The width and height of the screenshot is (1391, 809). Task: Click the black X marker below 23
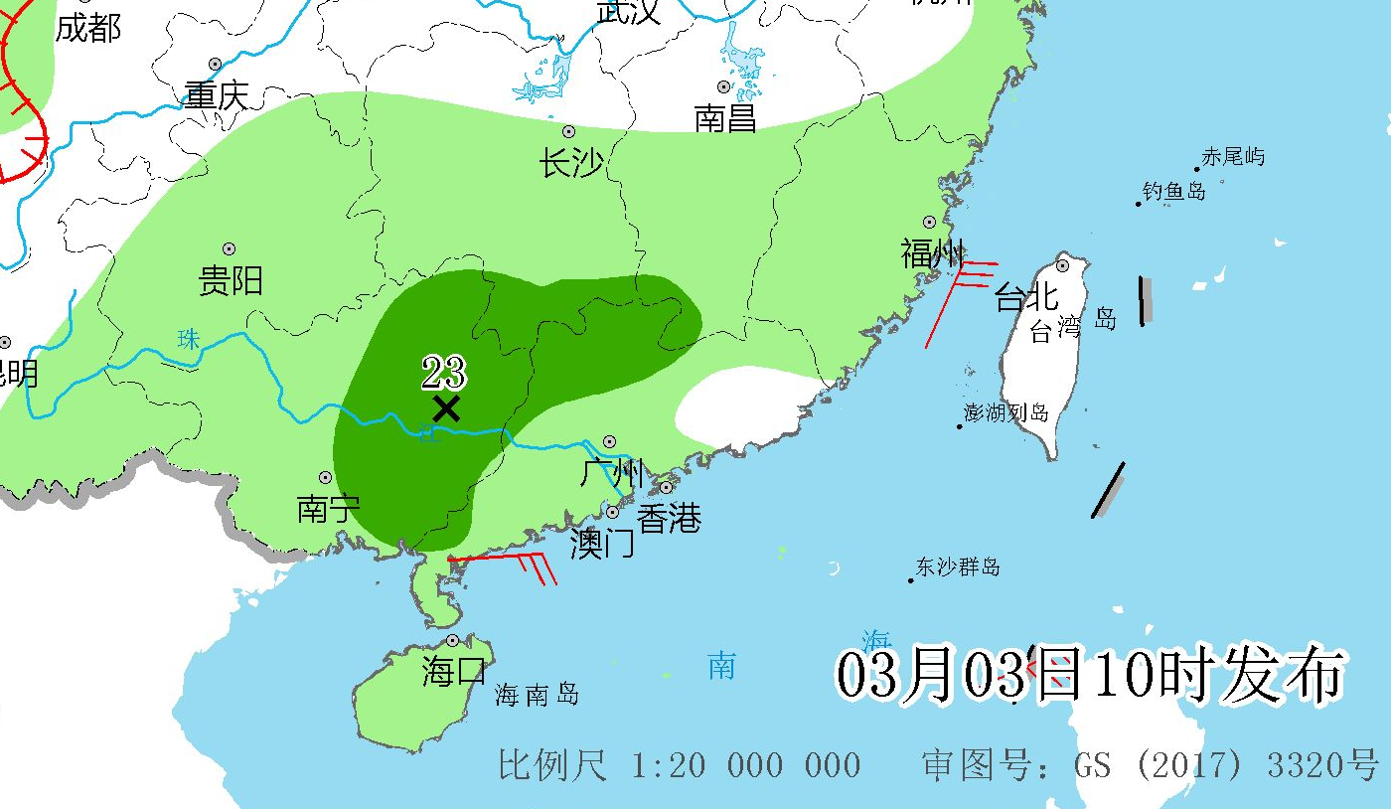point(446,408)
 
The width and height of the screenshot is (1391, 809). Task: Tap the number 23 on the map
point(443,374)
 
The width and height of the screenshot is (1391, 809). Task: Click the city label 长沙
point(571,162)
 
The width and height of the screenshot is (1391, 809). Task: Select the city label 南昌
point(725,118)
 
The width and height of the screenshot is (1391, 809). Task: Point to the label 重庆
point(216,95)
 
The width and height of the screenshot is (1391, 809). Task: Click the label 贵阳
point(231,281)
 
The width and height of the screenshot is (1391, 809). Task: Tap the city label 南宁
point(328,510)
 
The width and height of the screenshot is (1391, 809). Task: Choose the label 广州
point(612,473)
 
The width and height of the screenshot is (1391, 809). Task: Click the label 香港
point(669,518)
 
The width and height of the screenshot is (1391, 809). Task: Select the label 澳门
point(602,544)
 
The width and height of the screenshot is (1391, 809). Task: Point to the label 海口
point(454,672)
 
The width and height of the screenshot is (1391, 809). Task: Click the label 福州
point(932,253)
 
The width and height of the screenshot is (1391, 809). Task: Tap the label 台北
point(1025,296)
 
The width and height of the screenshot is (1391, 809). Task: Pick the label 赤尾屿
point(1233,156)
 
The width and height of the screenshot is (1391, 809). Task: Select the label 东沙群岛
point(958,567)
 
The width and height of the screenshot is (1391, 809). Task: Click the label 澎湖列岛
point(1005,412)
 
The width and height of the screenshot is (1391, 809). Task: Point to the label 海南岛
point(537,695)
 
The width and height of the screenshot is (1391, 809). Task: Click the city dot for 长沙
point(569,131)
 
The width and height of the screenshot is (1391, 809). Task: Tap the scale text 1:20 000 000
point(746,765)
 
